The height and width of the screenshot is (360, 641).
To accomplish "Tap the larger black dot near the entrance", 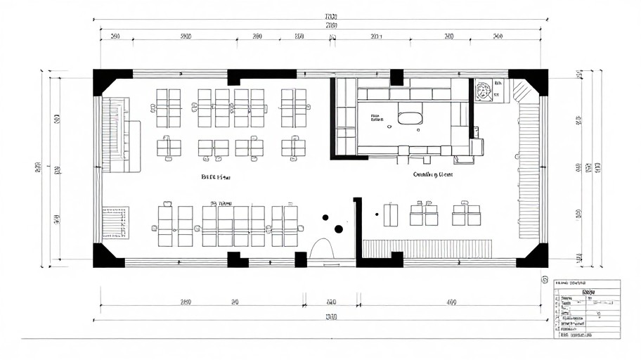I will (338, 229).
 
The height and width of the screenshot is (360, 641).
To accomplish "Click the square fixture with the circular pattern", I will (483, 91).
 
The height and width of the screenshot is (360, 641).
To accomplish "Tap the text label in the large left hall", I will (216, 177).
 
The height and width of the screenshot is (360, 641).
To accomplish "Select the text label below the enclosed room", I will (432, 174).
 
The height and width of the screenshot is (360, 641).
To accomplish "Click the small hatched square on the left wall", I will (115, 222).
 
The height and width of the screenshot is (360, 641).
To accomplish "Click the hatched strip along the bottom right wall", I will (429, 248).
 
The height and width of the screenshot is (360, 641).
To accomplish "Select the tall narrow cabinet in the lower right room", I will (390, 214).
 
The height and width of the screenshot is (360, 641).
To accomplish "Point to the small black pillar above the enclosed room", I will (397, 77).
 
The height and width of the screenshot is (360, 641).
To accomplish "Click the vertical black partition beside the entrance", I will (357, 229).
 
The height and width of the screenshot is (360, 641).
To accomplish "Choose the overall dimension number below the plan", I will (331, 317).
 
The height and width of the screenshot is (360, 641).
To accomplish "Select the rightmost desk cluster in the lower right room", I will (465, 214).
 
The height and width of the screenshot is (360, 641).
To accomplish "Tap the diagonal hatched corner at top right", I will (521, 89).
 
